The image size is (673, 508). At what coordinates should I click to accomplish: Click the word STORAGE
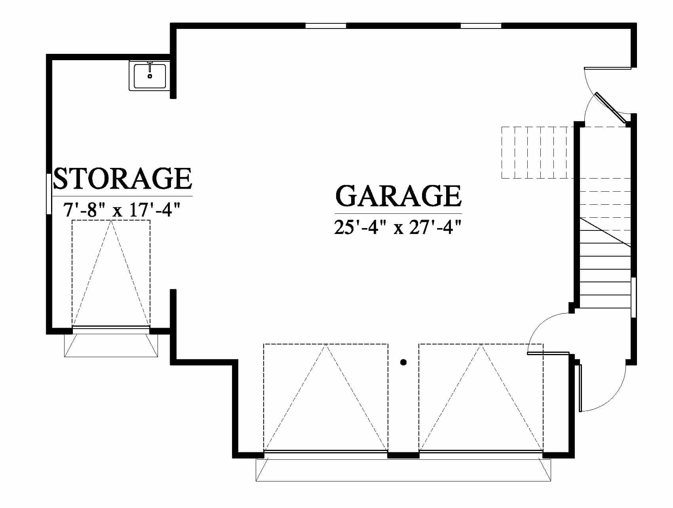[x=122, y=178]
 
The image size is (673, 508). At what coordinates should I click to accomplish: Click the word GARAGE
[x=399, y=196]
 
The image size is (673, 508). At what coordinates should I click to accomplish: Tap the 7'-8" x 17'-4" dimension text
[x=122, y=210]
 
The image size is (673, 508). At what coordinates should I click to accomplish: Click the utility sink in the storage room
[x=149, y=76]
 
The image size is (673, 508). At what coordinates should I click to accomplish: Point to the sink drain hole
[x=150, y=76]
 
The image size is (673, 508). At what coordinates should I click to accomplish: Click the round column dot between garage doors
[x=403, y=362]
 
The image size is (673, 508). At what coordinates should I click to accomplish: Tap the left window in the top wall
[x=326, y=26]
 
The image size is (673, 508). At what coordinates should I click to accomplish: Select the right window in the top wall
[x=481, y=26]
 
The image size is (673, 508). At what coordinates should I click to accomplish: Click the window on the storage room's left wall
[x=49, y=194]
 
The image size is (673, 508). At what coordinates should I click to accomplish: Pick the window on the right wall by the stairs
[x=633, y=297]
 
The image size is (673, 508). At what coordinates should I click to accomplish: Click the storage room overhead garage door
[x=111, y=327]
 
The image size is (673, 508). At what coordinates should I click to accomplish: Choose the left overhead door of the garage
[x=325, y=452]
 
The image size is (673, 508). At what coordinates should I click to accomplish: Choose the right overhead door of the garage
[x=481, y=452]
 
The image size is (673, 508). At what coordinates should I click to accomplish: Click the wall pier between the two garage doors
[x=403, y=455]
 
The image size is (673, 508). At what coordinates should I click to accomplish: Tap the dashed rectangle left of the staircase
[x=537, y=152]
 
